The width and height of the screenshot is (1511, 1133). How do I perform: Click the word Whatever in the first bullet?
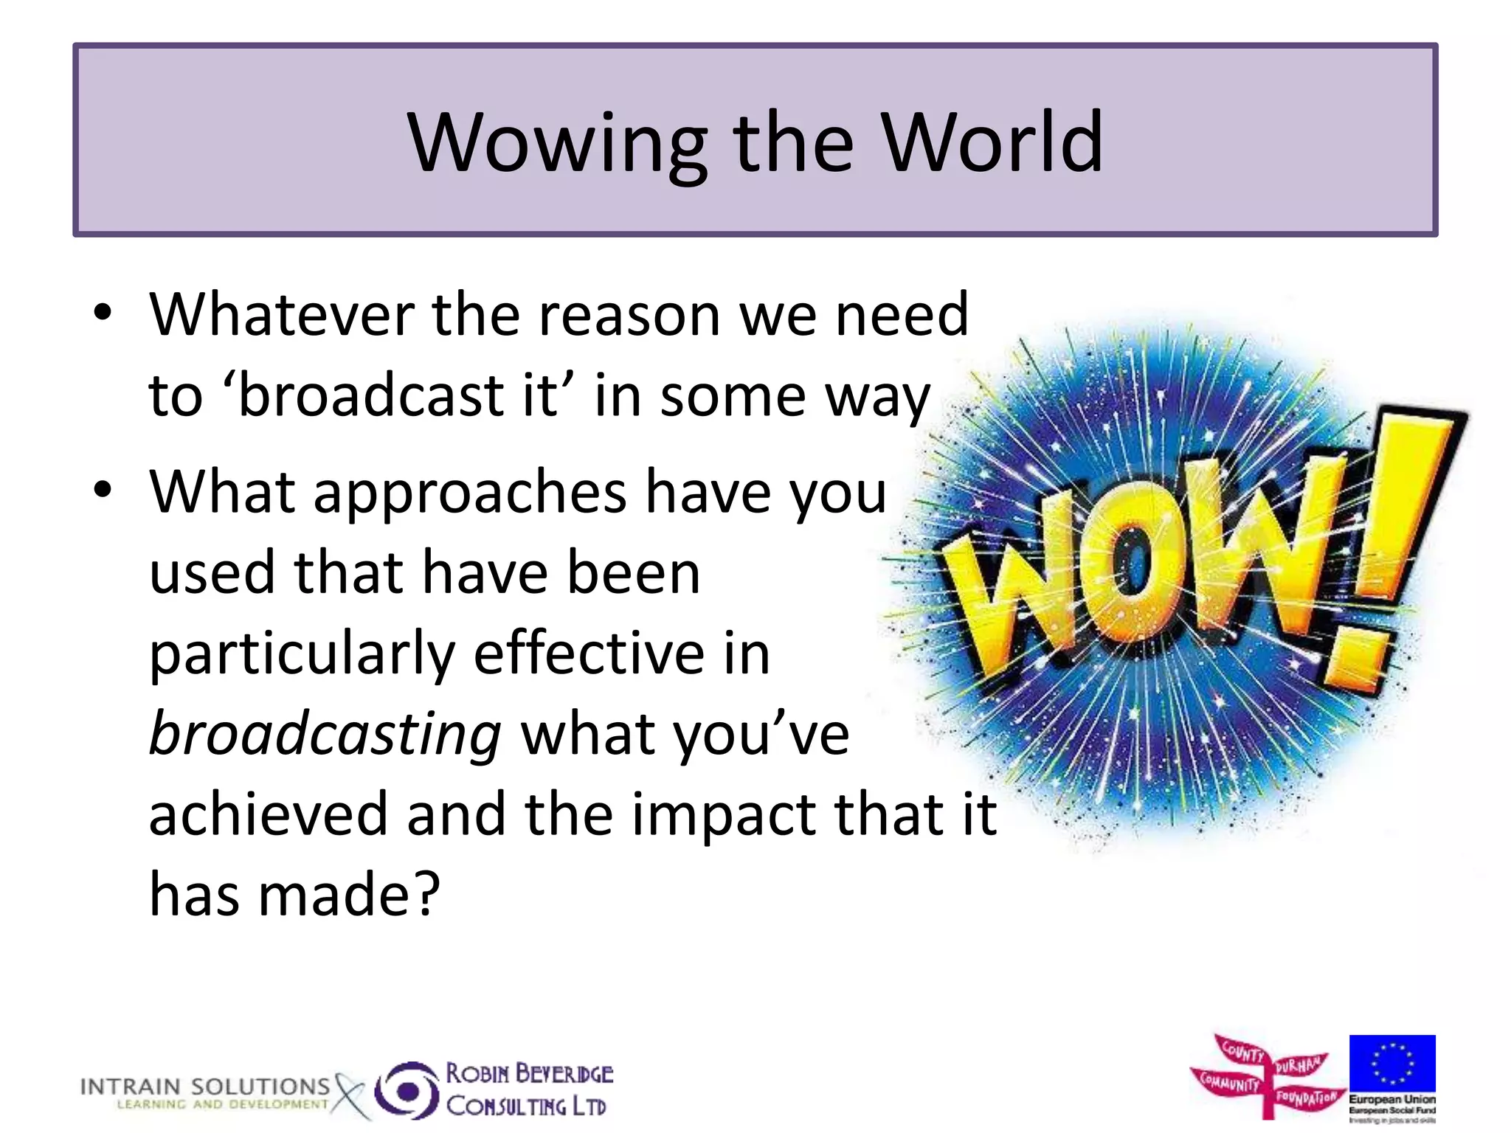click(281, 315)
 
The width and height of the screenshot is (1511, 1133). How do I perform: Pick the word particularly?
click(302, 655)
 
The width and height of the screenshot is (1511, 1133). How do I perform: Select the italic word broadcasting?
click(325, 735)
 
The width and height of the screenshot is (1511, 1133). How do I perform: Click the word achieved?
click(268, 814)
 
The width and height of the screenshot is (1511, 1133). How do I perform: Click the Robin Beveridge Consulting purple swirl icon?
click(407, 1090)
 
